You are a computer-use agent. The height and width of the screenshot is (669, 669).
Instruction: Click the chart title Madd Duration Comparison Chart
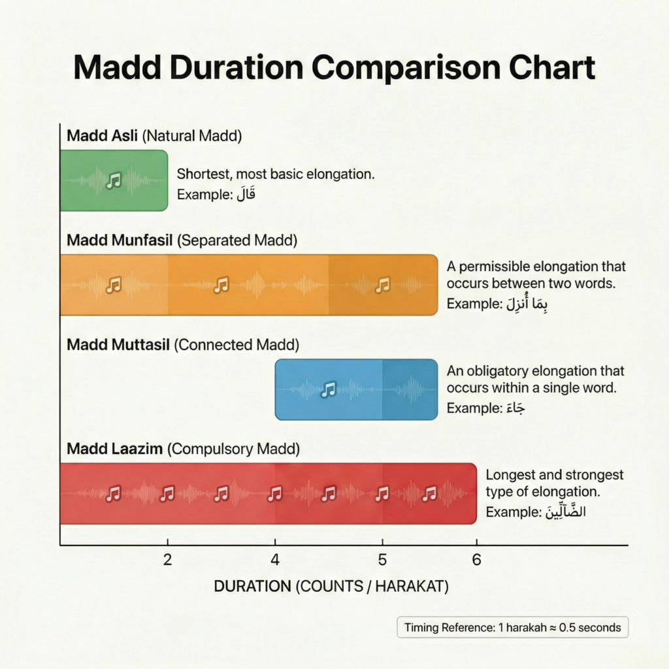point(334,68)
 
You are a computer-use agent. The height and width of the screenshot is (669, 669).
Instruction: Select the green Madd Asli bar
point(114,180)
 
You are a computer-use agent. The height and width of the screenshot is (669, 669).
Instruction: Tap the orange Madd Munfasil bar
point(248,285)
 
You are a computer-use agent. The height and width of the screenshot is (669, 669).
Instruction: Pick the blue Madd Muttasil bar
point(356,389)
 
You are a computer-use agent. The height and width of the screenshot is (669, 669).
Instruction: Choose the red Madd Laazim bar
point(268,493)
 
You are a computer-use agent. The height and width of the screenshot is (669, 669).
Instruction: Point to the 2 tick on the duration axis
point(167,560)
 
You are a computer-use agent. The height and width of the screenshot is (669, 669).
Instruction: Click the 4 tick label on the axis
point(275,560)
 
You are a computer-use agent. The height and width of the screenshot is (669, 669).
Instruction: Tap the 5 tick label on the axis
point(382,560)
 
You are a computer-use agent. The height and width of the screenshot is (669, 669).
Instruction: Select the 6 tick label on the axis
point(476,560)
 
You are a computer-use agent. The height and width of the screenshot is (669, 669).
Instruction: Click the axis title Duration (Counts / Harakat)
point(331,587)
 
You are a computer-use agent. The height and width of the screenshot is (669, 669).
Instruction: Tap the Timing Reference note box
point(513,628)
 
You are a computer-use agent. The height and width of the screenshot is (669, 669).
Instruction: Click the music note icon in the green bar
point(114,180)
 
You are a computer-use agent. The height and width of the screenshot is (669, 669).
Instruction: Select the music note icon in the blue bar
point(329,389)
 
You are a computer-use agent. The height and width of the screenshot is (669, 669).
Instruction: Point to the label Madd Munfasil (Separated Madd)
point(182,240)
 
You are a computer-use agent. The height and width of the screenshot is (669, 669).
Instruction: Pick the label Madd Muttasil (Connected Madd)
point(183,344)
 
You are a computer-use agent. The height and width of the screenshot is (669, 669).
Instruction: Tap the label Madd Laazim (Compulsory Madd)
point(183,449)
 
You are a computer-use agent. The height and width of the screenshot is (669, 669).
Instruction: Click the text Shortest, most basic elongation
point(276,174)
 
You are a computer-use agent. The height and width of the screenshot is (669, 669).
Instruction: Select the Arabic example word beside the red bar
point(563,512)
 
